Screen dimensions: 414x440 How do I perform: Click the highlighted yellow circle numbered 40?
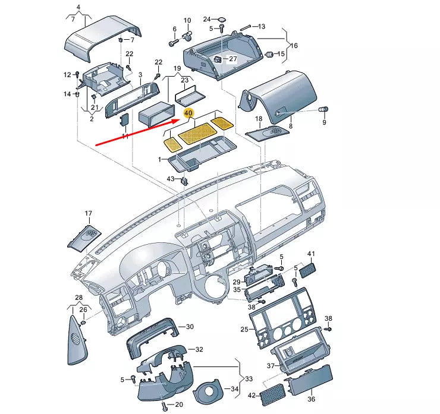(x=188, y=113)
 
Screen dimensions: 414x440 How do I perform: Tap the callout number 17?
(x=88, y=213)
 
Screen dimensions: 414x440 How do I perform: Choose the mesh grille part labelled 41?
(x=309, y=270)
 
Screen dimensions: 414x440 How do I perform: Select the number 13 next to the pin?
(x=262, y=26)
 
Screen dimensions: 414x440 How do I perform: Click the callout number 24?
(x=207, y=19)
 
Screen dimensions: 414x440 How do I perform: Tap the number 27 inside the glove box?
(x=232, y=59)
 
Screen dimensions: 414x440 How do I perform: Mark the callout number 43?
(x=171, y=179)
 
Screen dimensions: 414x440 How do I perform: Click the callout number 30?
(x=190, y=327)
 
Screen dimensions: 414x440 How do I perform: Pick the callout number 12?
(x=67, y=74)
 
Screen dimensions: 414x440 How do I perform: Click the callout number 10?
(x=187, y=21)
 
